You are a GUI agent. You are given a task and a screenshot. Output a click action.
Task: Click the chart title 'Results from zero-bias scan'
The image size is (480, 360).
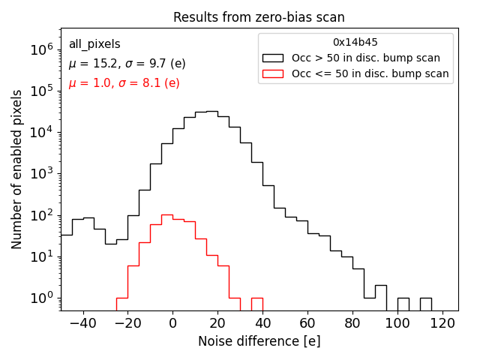(x=259, y=17)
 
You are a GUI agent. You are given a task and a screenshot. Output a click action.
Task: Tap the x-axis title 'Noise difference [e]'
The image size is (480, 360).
(x=259, y=341)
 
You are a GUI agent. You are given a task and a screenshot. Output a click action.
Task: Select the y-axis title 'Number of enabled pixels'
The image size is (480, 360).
(x=17, y=169)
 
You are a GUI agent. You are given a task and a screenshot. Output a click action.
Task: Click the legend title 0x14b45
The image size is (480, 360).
(x=355, y=43)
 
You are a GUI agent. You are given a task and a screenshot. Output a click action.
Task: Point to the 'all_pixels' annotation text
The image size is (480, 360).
(x=94, y=44)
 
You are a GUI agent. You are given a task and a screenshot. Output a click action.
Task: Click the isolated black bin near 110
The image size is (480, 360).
(x=426, y=304)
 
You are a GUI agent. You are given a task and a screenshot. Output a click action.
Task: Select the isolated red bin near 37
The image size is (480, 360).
(x=256, y=304)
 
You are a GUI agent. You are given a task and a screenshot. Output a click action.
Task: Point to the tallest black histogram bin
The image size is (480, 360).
(x=211, y=112)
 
